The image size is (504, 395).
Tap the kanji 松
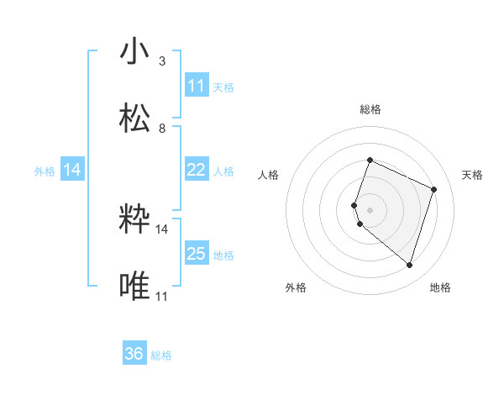pyautogui.click(x=135, y=118)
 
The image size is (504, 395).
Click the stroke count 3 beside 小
pyautogui.click(x=162, y=61)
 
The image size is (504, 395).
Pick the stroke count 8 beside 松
pyautogui.click(x=162, y=129)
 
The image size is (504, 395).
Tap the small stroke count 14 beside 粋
pyautogui.click(x=162, y=229)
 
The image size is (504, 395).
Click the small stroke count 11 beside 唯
pyautogui.click(x=162, y=297)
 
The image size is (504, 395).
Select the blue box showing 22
pyautogui.click(x=197, y=171)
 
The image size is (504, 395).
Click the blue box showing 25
pyautogui.click(x=197, y=254)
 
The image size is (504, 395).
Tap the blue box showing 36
pyautogui.click(x=134, y=355)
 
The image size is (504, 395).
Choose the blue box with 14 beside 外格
pyautogui.click(x=72, y=171)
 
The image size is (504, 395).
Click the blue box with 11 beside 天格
pyautogui.click(x=197, y=86)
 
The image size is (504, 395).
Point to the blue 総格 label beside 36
pyautogui.click(x=161, y=355)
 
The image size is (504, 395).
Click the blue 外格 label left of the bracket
pyautogui.click(x=45, y=171)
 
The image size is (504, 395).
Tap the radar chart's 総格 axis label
pyautogui.click(x=370, y=109)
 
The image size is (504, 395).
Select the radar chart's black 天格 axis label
pyautogui.click(x=472, y=175)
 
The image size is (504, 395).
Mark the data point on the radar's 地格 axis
pyautogui.click(x=409, y=266)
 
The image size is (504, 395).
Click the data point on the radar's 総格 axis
pyautogui.click(x=370, y=161)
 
